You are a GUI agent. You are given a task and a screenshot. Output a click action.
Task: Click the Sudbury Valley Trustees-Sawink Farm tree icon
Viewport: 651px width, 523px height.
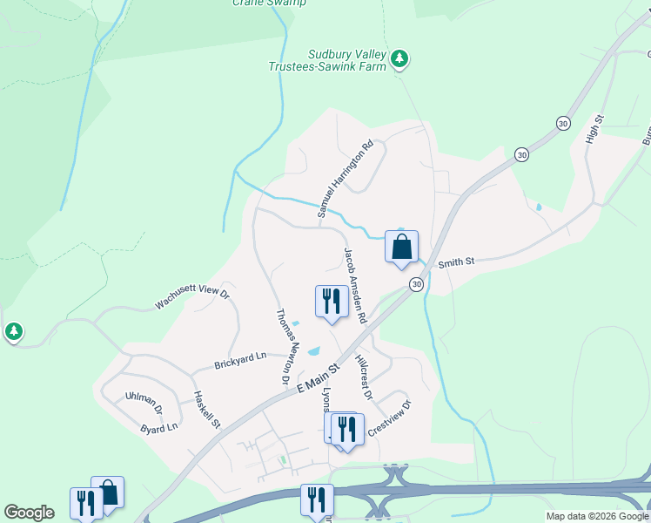tap(399, 58)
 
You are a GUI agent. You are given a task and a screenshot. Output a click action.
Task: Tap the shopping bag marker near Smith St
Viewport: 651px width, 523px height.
tap(401, 247)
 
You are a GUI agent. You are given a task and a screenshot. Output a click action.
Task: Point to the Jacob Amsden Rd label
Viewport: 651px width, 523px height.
tap(356, 286)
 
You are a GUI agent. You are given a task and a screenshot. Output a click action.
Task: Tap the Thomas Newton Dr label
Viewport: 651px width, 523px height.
tap(284, 347)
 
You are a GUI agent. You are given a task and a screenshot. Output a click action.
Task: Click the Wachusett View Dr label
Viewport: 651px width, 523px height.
tap(191, 299)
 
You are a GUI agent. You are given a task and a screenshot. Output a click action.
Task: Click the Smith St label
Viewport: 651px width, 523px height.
tap(456, 261)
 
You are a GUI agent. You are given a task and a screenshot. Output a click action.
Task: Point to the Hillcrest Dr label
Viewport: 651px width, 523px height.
tap(364, 377)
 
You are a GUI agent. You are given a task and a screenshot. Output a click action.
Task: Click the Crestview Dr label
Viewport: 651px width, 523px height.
tap(388, 418)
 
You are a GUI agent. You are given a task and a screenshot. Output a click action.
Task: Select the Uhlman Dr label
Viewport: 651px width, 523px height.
tap(144, 403)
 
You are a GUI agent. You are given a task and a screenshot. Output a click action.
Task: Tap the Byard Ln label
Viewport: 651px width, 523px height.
tap(159, 428)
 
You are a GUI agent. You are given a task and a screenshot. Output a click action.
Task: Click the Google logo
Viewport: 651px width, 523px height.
tap(29, 513)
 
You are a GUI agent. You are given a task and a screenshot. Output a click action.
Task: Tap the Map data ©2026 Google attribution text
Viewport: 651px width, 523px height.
tap(596, 516)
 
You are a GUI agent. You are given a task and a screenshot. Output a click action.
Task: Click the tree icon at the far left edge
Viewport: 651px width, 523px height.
tap(13, 332)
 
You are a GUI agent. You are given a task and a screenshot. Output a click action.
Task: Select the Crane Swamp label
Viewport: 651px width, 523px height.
tap(269, 3)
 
